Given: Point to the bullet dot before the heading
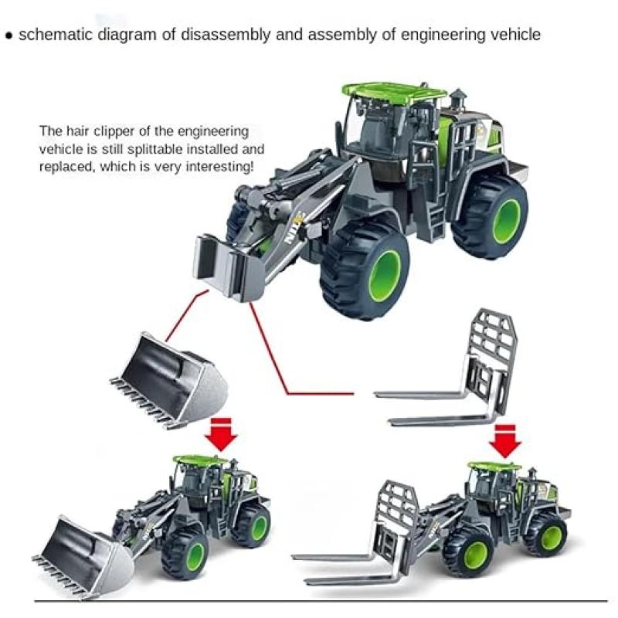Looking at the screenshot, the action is pos(9,36).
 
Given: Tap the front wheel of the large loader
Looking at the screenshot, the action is pos(364,271).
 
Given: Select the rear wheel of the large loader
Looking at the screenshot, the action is pos(491,218).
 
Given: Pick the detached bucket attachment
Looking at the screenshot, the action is pos(169,380).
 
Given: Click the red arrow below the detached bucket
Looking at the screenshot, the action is pos(221,435).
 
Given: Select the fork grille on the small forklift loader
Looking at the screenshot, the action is pos(396,521).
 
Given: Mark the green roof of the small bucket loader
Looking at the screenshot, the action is pos(201,460).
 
